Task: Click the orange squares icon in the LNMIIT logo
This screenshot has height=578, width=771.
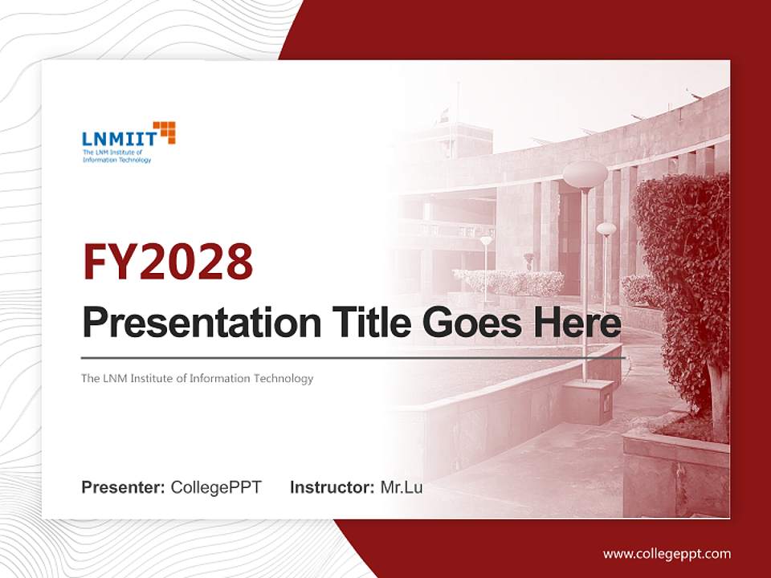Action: [164, 132]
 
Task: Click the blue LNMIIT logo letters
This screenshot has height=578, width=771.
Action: [118, 139]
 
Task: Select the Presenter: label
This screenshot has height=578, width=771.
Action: [123, 487]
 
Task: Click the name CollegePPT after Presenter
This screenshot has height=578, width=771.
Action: [216, 487]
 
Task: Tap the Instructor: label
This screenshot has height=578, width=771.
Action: [332, 487]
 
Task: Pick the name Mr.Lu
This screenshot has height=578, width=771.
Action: [402, 487]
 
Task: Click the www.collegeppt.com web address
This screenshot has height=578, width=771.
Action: [667, 554]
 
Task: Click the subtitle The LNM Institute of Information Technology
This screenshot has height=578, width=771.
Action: [197, 378]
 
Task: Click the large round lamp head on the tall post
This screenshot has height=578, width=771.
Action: [585, 173]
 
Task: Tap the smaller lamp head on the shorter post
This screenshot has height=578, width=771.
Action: [606, 230]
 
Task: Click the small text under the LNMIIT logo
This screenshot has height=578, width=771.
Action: [116, 156]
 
